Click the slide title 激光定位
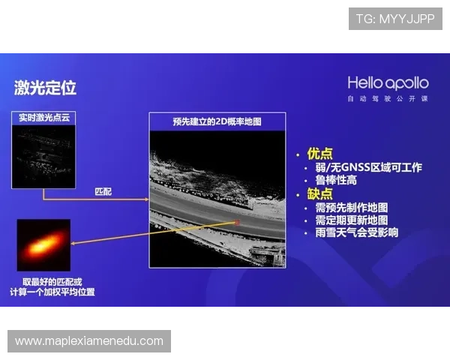[45, 88]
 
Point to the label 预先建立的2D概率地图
[217, 121]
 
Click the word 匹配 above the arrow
[103, 192]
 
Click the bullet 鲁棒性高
[337, 181]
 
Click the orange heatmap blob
[44, 244]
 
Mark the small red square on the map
[237, 222]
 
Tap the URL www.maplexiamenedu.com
[89, 341]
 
